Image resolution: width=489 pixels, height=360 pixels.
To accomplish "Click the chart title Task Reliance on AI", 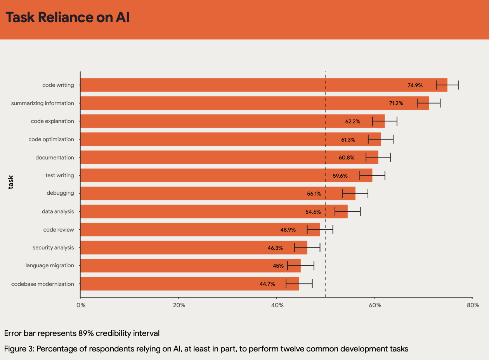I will click(68, 18).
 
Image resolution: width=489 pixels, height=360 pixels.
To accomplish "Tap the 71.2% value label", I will click(396, 103).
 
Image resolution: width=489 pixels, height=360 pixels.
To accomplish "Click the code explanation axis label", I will click(52, 121).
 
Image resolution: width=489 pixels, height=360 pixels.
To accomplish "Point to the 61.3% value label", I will click(348, 139).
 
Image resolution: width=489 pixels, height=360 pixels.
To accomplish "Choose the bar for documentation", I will click(229, 157).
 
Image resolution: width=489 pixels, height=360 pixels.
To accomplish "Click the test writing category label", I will click(59, 175).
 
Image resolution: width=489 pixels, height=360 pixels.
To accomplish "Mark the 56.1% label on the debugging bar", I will click(314, 194).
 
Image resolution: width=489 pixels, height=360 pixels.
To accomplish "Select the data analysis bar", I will click(214, 211).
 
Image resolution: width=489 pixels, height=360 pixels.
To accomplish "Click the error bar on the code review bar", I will click(320, 230).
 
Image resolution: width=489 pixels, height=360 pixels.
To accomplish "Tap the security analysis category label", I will click(53, 247).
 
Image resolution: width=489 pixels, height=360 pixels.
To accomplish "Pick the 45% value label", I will click(278, 266).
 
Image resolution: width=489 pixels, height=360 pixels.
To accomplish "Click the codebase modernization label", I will click(43, 284).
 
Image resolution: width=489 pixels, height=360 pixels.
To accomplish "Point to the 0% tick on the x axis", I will click(81, 305).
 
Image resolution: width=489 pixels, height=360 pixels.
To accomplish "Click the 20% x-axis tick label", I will click(179, 305).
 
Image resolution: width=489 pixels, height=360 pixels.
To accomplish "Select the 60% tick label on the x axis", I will click(375, 305).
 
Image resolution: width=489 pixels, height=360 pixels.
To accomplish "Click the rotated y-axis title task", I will click(11, 182).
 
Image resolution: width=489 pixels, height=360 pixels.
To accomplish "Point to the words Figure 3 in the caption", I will click(19, 349).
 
